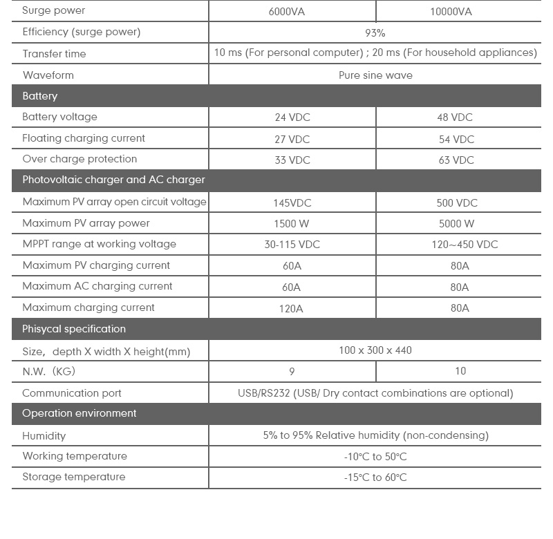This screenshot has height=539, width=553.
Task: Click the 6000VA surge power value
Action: pyautogui.click(x=292, y=12)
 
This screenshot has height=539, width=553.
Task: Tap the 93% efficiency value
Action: pyautogui.click(x=375, y=32)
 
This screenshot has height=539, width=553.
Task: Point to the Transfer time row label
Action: pyautogui.click(x=54, y=54)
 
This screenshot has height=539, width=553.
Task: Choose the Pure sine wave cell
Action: pyautogui.click(x=375, y=75)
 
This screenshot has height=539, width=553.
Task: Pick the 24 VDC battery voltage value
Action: pyautogui.click(x=292, y=117)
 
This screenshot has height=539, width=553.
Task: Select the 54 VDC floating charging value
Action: pyautogui.click(x=456, y=139)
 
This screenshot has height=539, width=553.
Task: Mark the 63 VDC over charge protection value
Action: pyautogui.click(x=456, y=160)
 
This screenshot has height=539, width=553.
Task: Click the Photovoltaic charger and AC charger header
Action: pyautogui.click(x=113, y=180)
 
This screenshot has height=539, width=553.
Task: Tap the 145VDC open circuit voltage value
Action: pyautogui.click(x=292, y=202)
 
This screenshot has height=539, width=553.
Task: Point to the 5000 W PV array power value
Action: pyautogui.click(x=456, y=223)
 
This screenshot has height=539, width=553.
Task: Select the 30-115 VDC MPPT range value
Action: pyautogui.click(x=292, y=245)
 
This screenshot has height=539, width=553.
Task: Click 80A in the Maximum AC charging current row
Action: pyautogui.click(x=460, y=287)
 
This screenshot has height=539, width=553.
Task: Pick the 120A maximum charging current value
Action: pyautogui.click(x=291, y=308)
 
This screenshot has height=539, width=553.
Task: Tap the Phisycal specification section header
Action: pyautogui.click(x=74, y=329)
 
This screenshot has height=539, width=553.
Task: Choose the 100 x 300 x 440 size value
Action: pyautogui.click(x=375, y=350)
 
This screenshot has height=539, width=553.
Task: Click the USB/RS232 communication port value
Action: pyautogui.click(x=375, y=393)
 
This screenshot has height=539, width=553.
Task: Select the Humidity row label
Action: pyautogui.click(x=44, y=436)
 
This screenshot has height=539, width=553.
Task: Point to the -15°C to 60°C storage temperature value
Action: pyautogui.click(x=375, y=477)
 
